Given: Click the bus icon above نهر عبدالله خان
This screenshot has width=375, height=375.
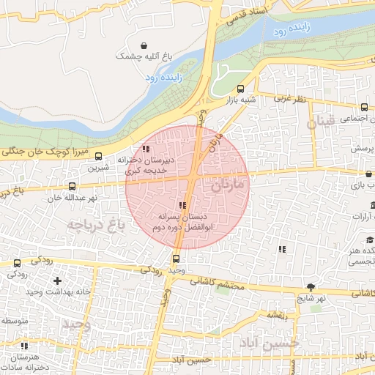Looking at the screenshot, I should point(72,187).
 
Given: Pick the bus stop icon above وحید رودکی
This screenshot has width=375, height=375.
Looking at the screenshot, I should point(176,259).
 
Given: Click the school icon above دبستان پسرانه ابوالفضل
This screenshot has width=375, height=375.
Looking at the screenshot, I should point(182,206).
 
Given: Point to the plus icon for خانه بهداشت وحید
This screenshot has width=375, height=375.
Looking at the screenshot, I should point(57,281).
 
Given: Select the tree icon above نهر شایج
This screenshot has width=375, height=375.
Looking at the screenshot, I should point(311,287).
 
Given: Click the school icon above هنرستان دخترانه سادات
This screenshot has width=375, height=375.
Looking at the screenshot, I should point(24,346).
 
